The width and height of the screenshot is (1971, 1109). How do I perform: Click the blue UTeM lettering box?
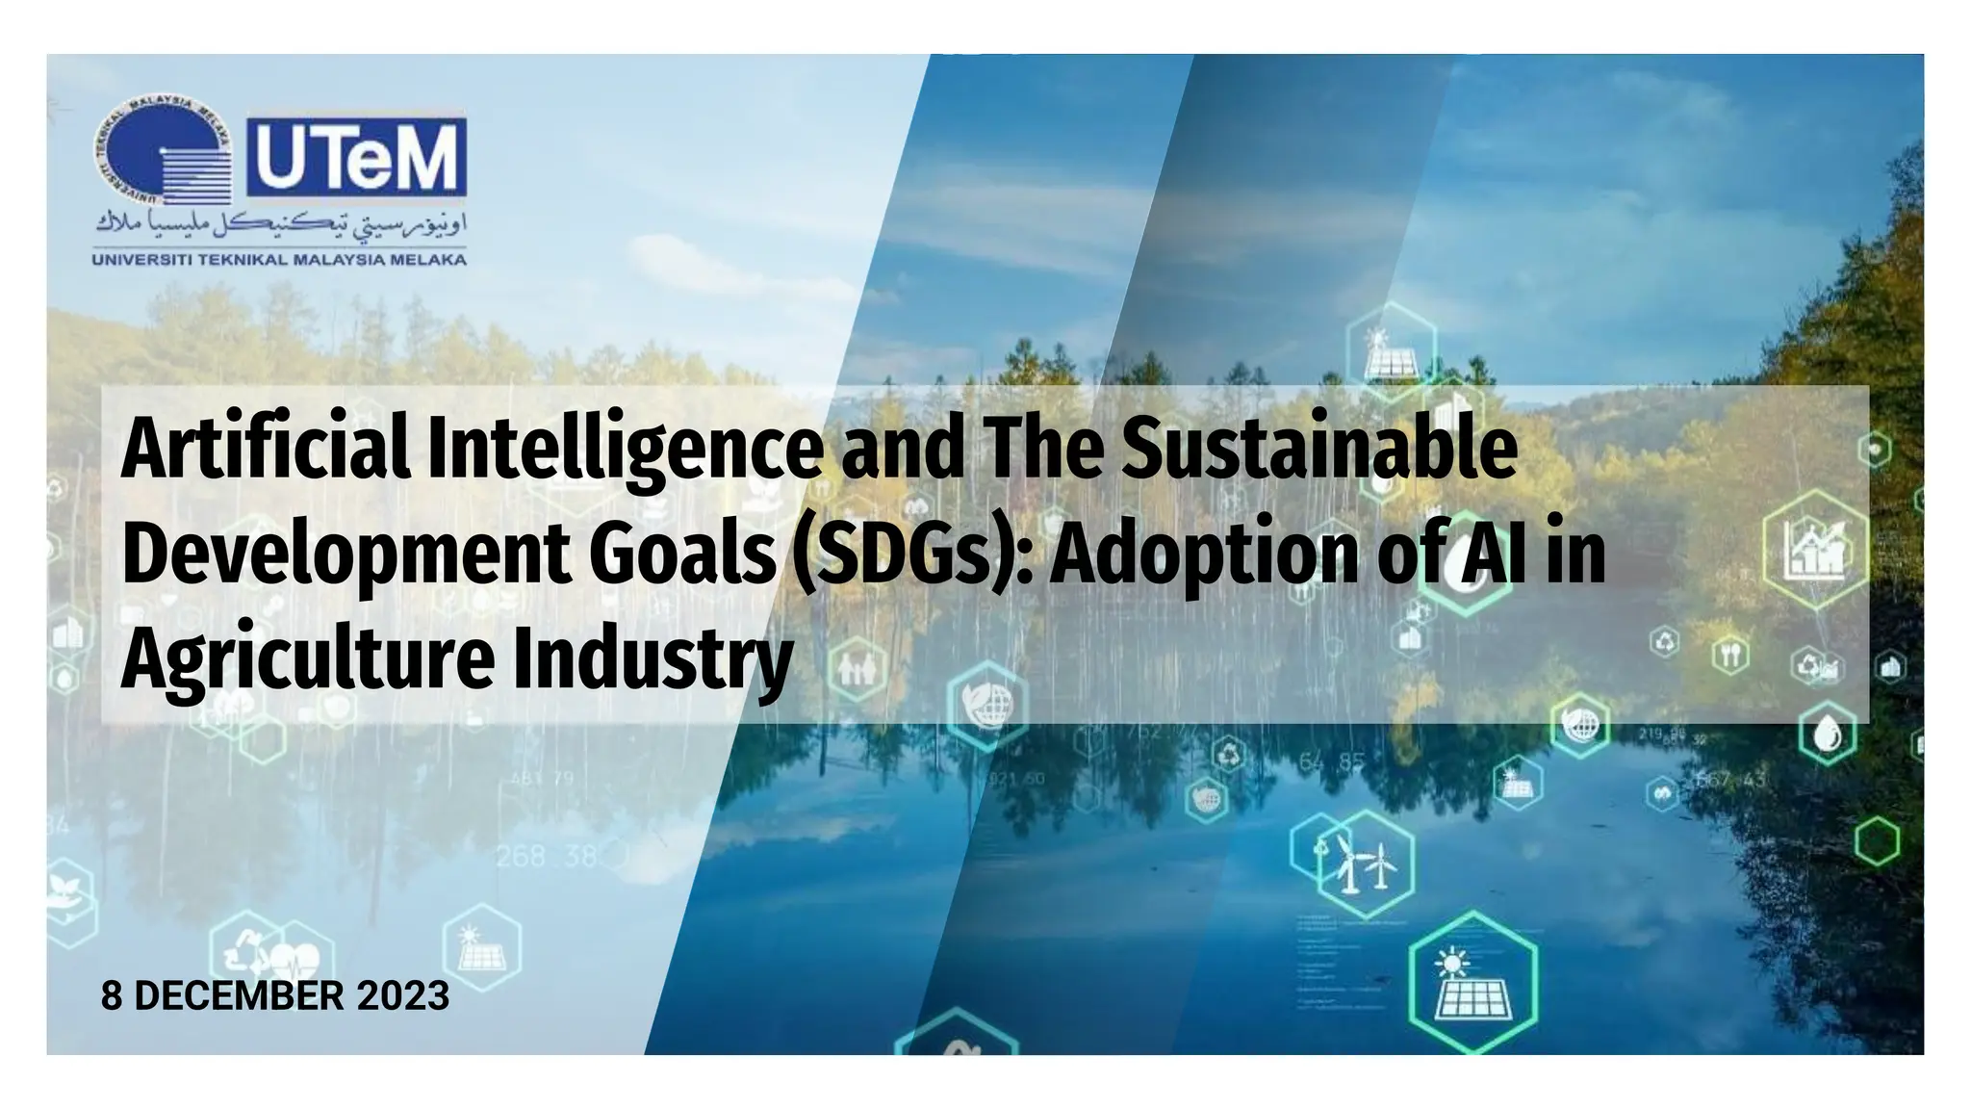coord(357,157)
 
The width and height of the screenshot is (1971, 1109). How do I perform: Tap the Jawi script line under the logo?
coord(280,227)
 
